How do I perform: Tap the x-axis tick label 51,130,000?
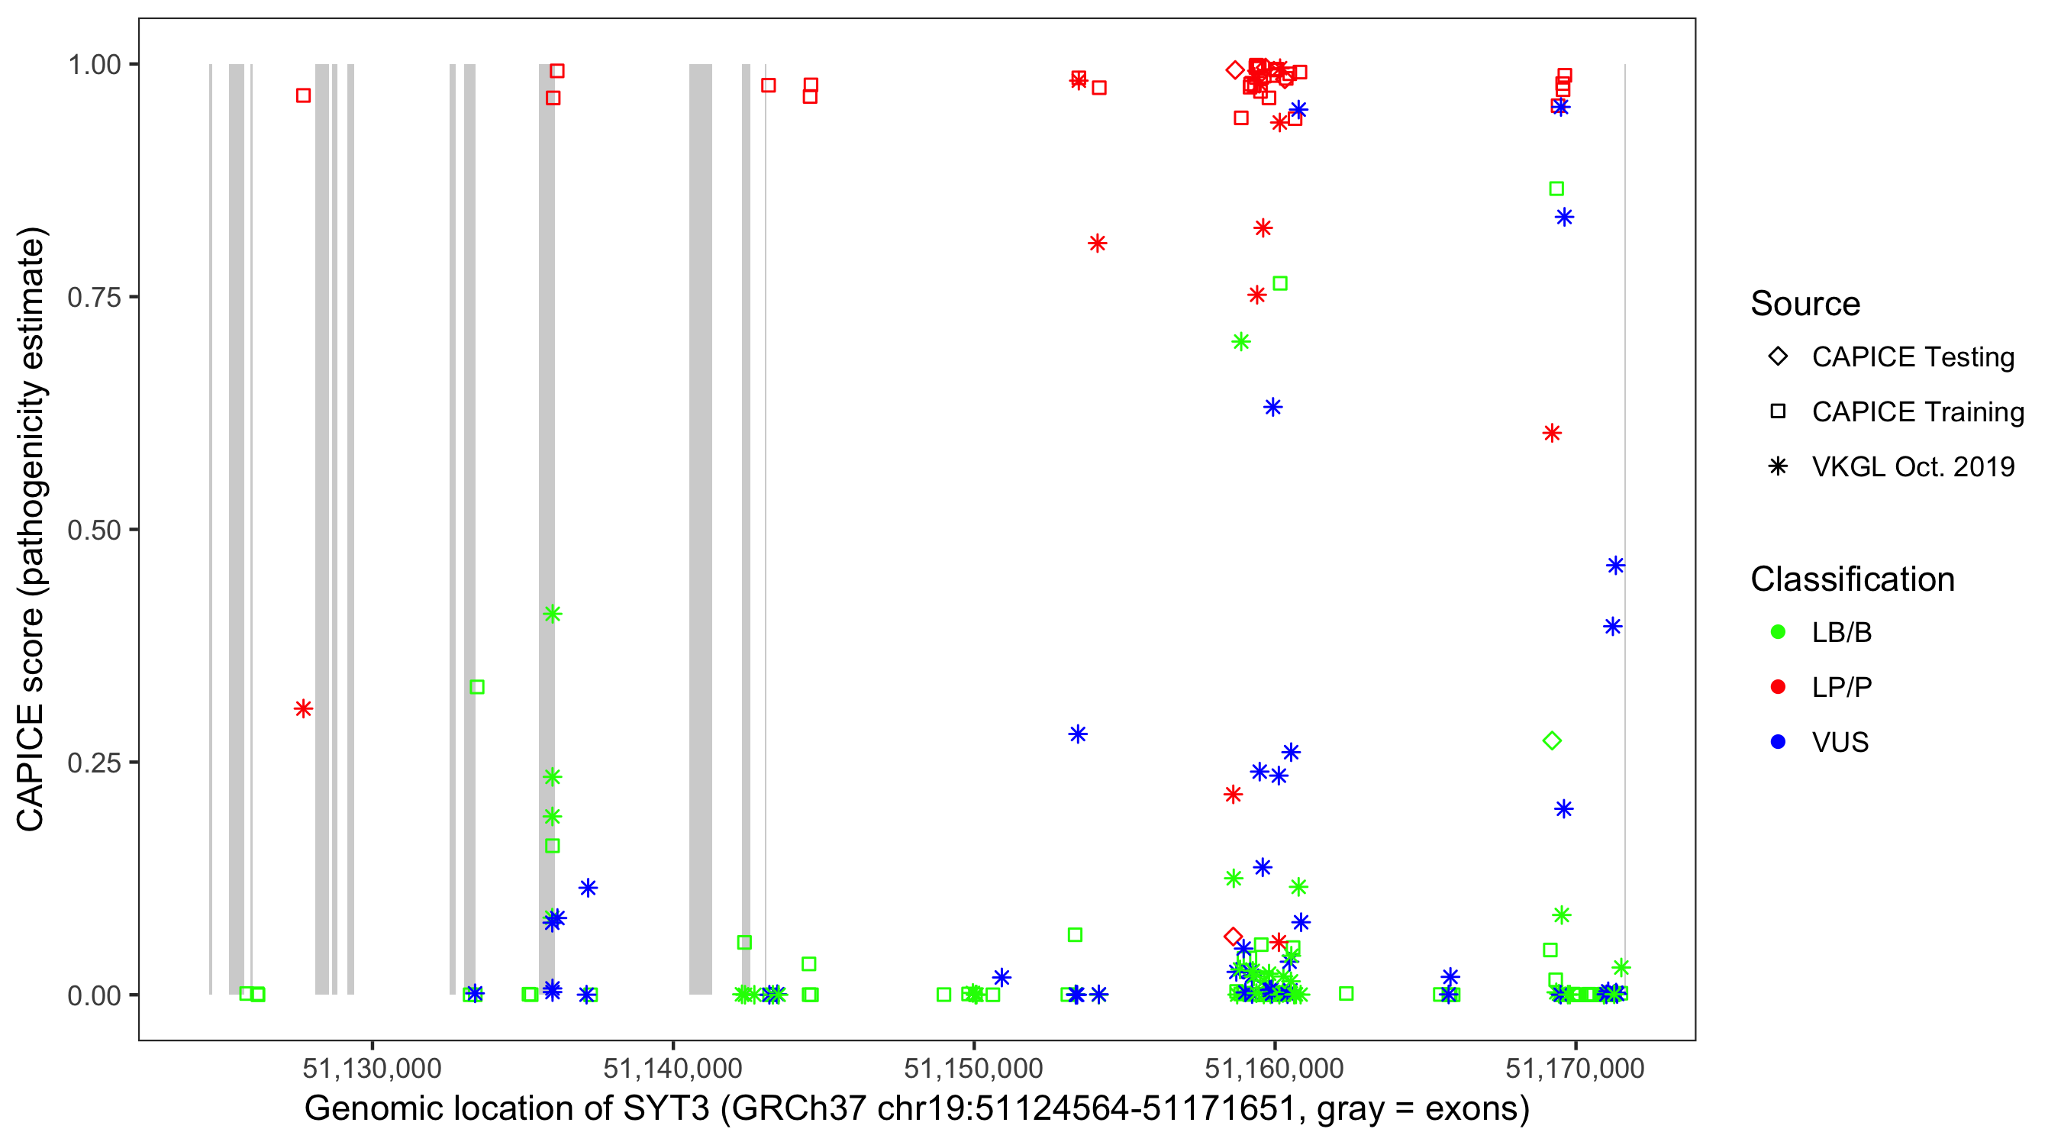coord(372,1068)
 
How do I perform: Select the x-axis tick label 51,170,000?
coord(1575,1068)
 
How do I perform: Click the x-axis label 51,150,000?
coord(973,1068)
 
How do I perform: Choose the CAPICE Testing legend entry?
coord(1912,357)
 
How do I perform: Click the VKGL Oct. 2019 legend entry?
coord(1912,466)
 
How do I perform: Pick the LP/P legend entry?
coord(1841,687)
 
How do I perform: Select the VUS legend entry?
coord(1840,743)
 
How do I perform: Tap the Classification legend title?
coord(1852,579)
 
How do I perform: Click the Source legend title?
coord(1805,304)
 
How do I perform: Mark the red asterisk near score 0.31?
coord(302,709)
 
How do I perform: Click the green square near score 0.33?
coord(477,686)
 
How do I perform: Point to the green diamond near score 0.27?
coord(1551,741)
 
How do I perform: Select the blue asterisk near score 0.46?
coord(1615,566)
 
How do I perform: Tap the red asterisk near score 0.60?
coord(1551,434)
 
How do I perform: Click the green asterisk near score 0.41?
coord(552,614)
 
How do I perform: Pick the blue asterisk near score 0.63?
coord(1272,408)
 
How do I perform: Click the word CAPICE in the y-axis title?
coord(30,767)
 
